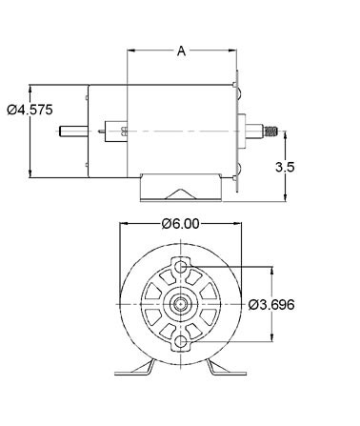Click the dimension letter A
pos(181,51)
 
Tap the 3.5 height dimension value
pos(284,167)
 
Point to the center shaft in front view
pos(180,304)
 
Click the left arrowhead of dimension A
pos(131,51)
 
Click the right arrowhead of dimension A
pos(231,51)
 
